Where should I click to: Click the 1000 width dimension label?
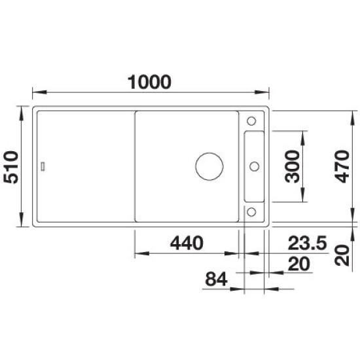(x=149, y=82)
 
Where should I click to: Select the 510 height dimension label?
(x=10, y=167)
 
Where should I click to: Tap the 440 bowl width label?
(x=187, y=243)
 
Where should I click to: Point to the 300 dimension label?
(x=292, y=166)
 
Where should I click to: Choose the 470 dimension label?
(x=342, y=166)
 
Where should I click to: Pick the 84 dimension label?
(x=216, y=279)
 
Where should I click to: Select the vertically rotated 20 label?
(x=342, y=255)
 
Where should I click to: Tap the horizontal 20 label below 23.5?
(x=298, y=264)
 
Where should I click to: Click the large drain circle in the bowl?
(x=209, y=153)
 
